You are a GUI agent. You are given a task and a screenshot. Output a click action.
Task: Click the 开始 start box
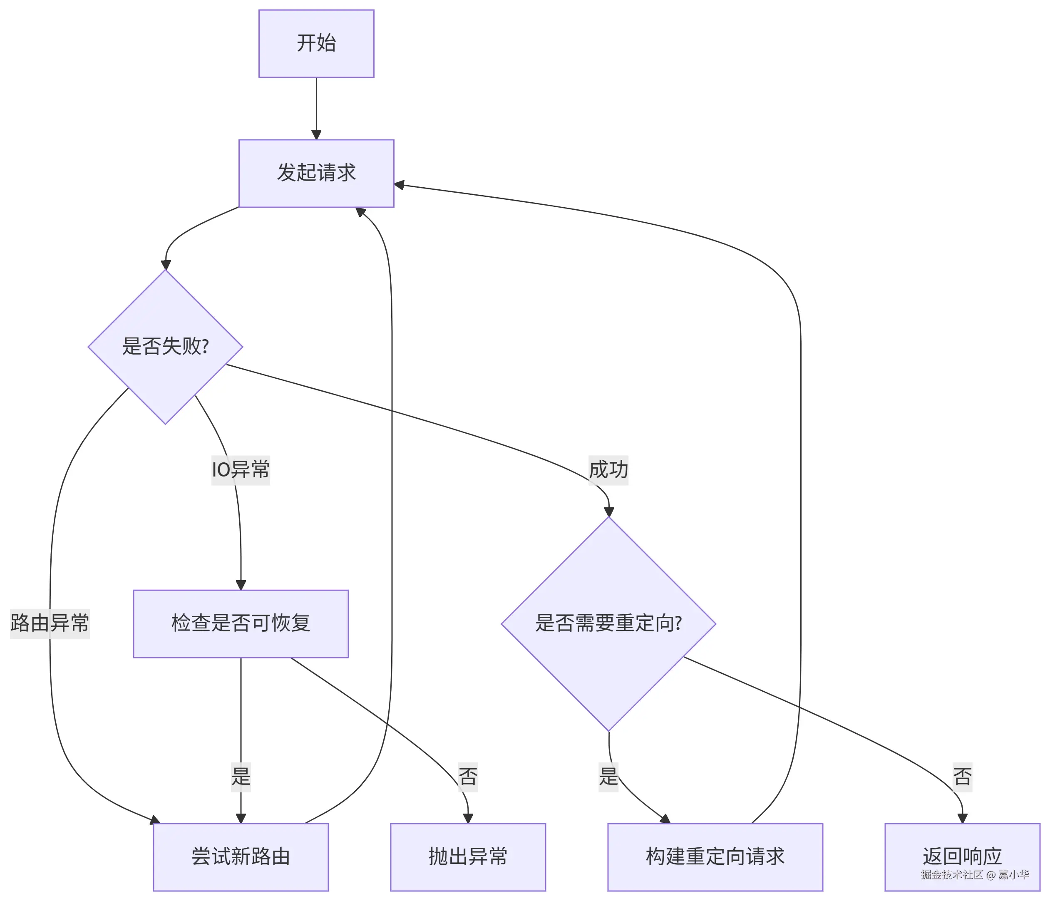316,44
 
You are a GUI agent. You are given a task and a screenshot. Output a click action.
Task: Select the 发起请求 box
316,173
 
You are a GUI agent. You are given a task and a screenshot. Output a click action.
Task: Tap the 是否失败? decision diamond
165,347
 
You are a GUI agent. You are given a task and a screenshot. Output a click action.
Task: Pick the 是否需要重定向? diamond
608,624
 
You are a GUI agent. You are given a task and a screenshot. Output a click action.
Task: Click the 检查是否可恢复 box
241,624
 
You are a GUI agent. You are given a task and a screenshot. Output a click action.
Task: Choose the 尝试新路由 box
241,857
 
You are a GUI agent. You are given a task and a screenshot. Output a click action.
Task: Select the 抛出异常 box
468,857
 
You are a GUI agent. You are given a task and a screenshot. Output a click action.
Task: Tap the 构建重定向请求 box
715,857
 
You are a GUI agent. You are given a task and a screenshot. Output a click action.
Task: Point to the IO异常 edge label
241,470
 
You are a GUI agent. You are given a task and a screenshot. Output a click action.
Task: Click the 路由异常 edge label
50,623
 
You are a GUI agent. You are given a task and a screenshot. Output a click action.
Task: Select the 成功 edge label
608,470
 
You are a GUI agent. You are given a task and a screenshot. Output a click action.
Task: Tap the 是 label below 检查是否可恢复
241,776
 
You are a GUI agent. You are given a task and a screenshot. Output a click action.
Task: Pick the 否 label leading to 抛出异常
468,776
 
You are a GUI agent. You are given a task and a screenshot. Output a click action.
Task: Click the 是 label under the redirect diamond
608,776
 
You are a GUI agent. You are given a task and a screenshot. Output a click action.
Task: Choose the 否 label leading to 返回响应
962,776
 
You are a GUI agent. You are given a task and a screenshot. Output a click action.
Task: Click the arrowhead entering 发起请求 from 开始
316,134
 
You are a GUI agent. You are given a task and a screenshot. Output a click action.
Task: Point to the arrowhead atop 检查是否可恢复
241,585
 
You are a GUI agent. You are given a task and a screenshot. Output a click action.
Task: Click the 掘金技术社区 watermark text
952,875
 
